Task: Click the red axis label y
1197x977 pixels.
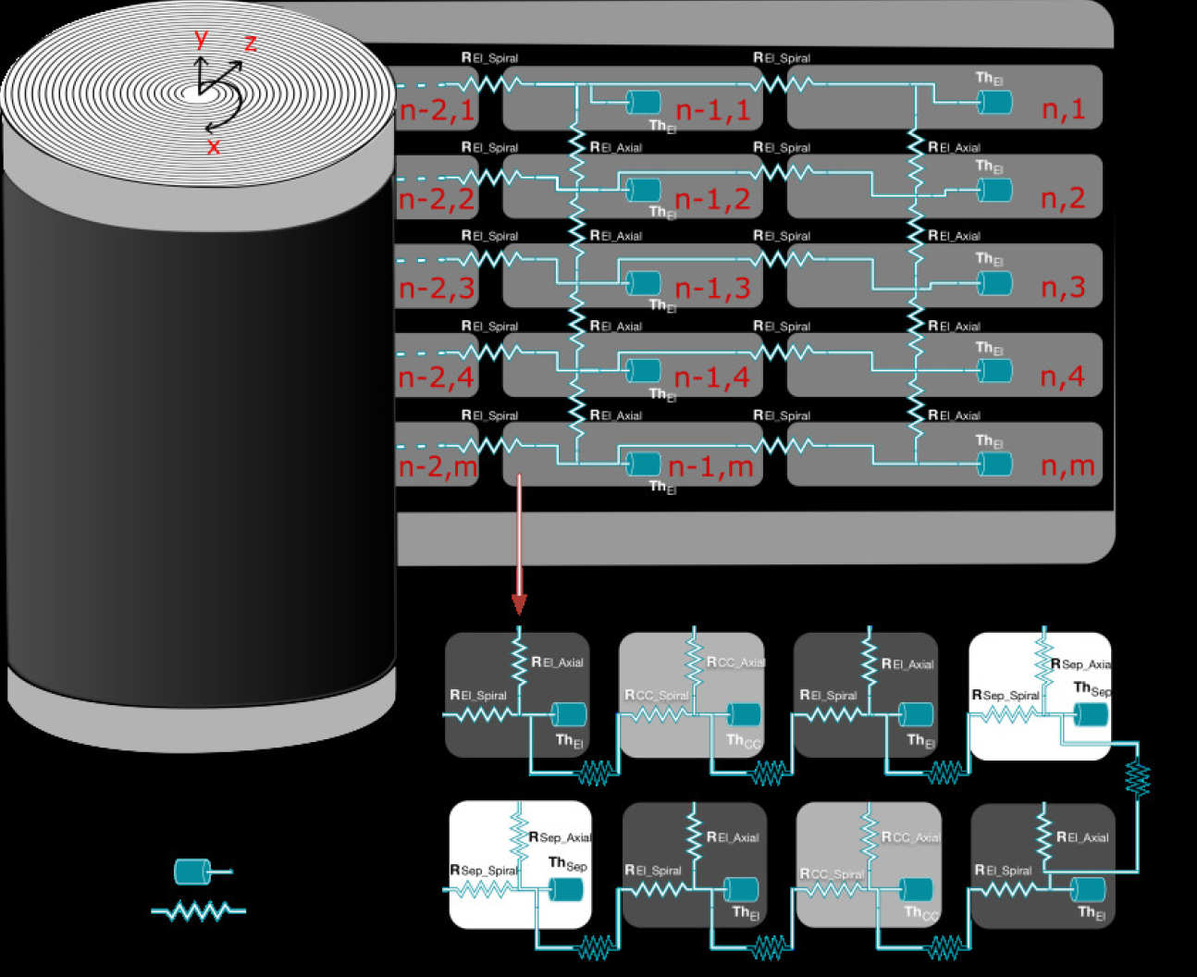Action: pos(201,39)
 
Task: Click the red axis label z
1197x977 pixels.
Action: pos(250,43)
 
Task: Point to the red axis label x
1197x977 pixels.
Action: pos(214,146)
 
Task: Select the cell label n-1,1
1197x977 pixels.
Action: pos(712,110)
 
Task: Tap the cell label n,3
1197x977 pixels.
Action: pos(1063,288)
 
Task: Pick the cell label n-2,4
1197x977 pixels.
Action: pos(436,377)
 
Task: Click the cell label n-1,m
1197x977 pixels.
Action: pos(710,467)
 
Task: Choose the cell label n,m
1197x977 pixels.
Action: pos(1067,466)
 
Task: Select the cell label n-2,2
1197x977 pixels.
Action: pos(436,199)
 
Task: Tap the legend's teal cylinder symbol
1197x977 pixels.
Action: pos(192,872)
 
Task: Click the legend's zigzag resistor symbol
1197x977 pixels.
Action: pos(199,911)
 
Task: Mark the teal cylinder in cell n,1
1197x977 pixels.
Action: pos(995,103)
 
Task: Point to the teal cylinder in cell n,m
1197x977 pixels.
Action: pos(995,464)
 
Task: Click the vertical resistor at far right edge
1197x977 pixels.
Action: pos(1138,779)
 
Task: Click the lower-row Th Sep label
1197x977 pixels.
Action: pos(567,864)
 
